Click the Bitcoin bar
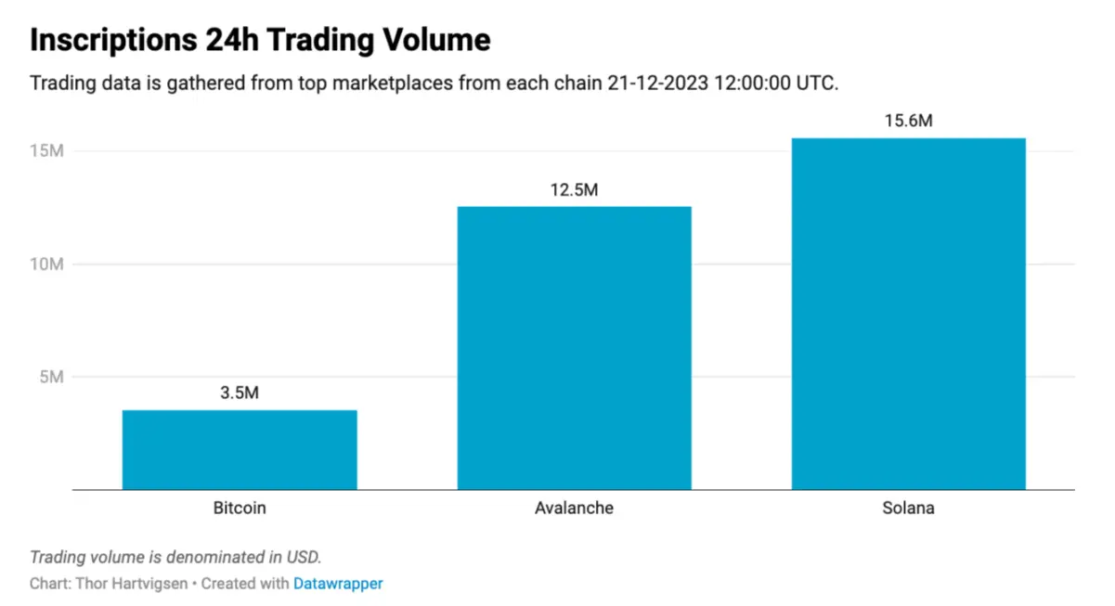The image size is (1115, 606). pyautogui.click(x=240, y=449)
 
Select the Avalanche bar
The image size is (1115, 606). pyautogui.click(x=574, y=347)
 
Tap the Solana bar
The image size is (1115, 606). pyautogui.click(x=908, y=313)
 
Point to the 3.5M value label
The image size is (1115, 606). pyautogui.click(x=240, y=393)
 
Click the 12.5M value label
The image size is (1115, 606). pyautogui.click(x=574, y=189)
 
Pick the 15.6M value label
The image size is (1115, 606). pyautogui.click(x=908, y=121)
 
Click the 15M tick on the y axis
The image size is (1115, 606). pyautogui.click(x=46, y=151)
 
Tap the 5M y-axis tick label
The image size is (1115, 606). pyautogui.click(x=50, y=377)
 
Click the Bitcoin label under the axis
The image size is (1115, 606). pyautogui.click(x=240, y=509)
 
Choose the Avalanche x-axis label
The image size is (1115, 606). pyautogui.click(x=574, y=509)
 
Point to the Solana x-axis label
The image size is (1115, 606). pyautogui.click(x=908, y=509)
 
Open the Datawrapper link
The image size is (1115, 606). pyautogui.click(x=338, y=584)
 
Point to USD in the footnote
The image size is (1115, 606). pyautogui.click(x=302, y=558)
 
